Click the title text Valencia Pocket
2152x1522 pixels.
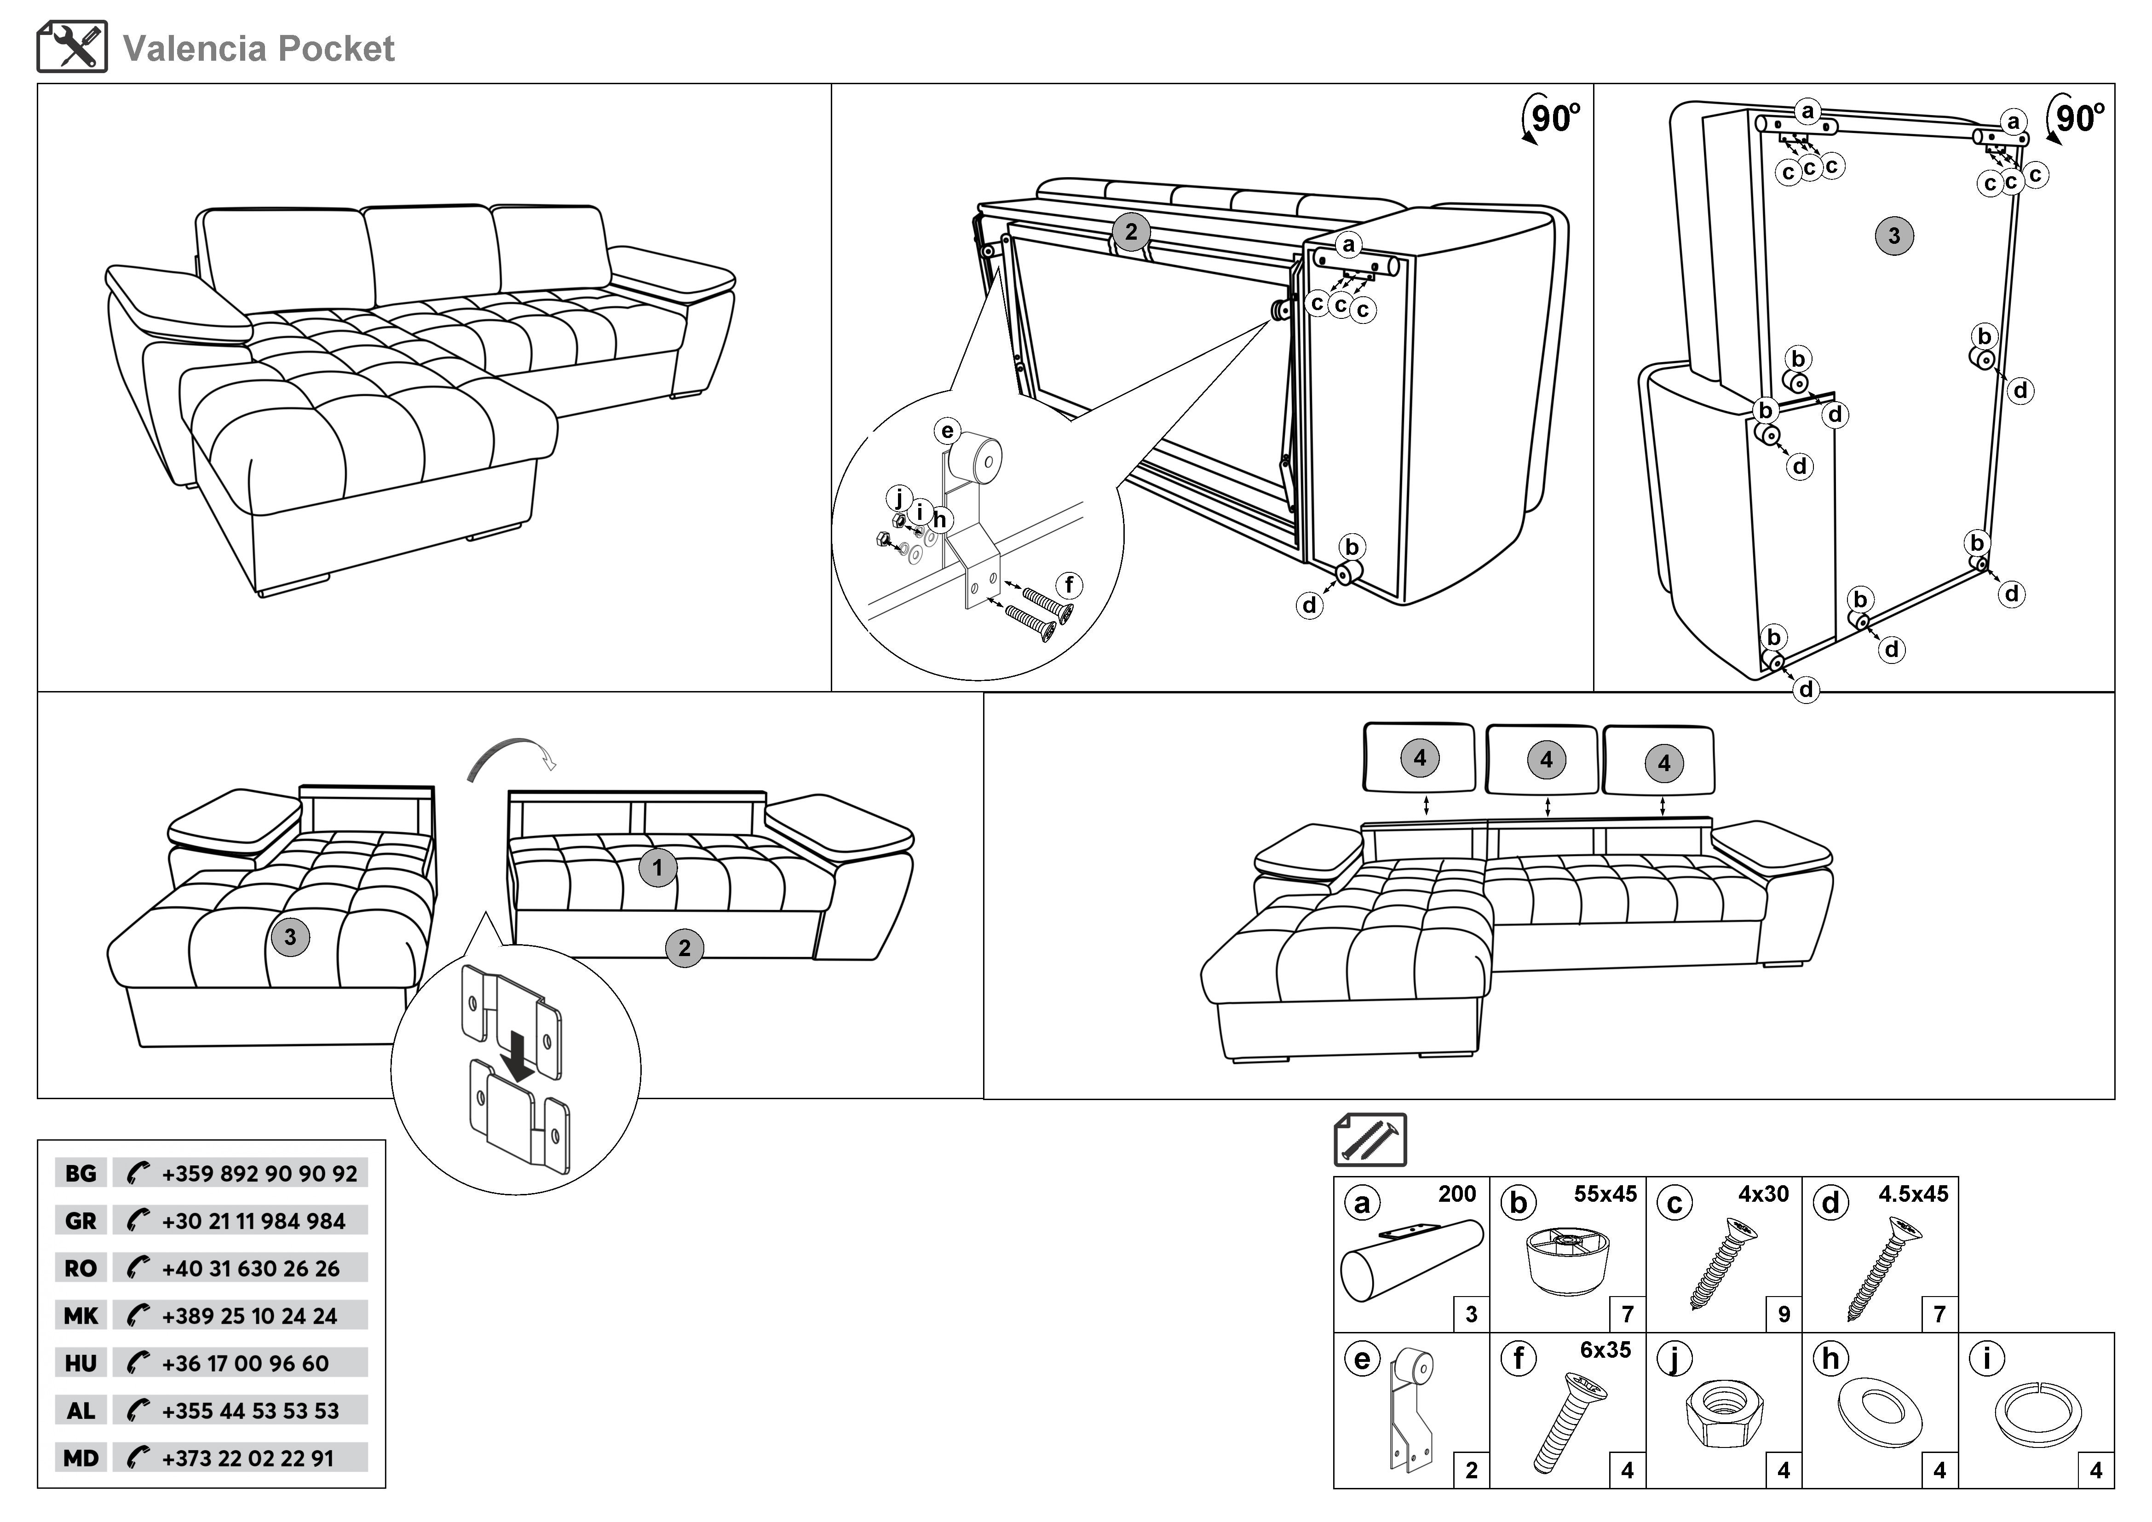pos(259,49)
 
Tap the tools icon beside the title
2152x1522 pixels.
pos(72,47)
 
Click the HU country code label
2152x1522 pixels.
pos(81,1364)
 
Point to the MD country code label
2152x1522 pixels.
pos(81,1458)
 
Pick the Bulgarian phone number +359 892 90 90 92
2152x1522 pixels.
pos(259,1174)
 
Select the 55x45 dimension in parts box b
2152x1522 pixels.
pos(1605,1194)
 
